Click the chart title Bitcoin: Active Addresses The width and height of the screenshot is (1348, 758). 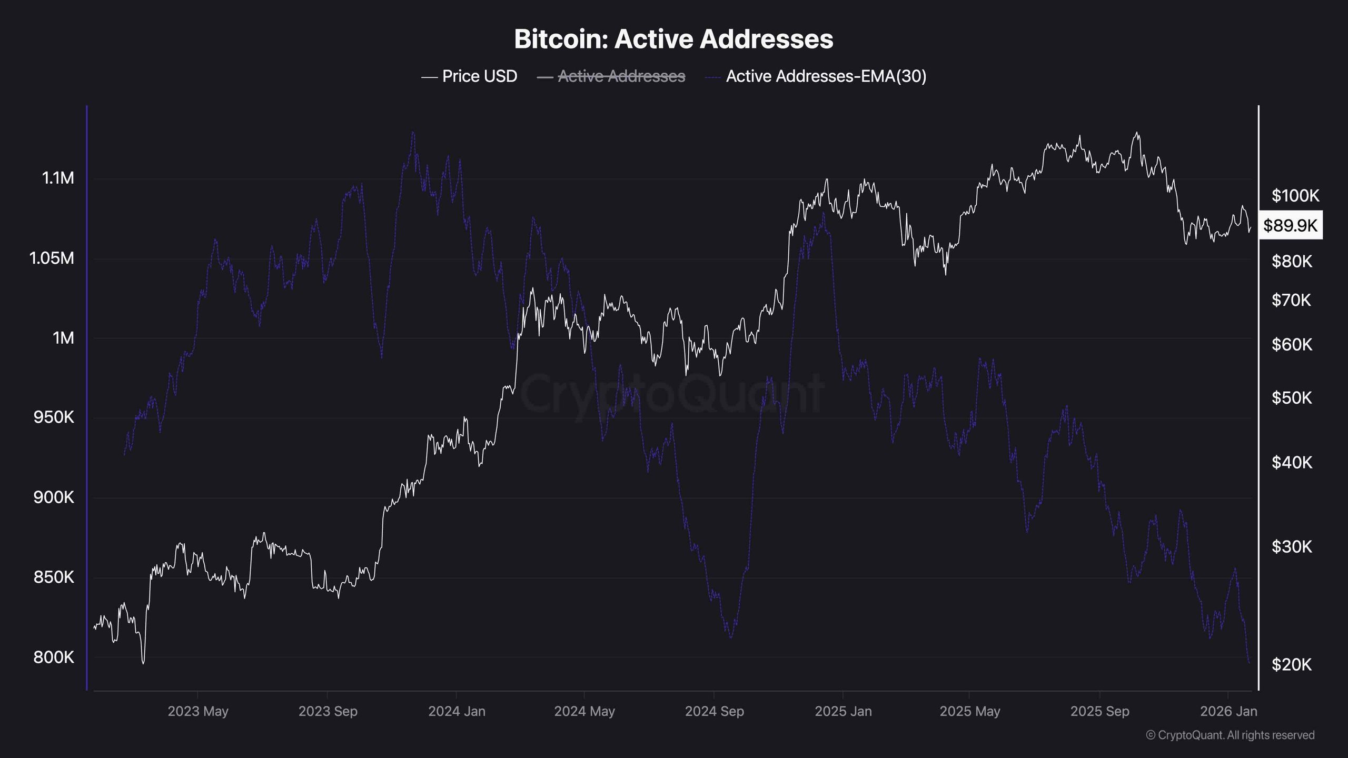pyautogui.click(x=673, y=39)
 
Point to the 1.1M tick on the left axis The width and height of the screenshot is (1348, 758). pyautogui.click(x=58, y=178)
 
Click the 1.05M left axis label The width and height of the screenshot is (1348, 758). pyautogui.click(x=52, y=258)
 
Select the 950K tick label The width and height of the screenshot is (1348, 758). pyautogui.click(x=54, y=417)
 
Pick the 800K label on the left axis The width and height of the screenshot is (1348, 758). pyautogui.click(x=54, y=657)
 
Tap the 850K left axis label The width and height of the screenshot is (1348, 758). pyautogui.click(x=54, y=577)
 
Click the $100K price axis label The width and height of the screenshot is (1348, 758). pyautogui.click(x=1295, y=196)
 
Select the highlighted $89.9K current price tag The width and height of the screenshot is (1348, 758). pyautogui.click(x=1290, y=225)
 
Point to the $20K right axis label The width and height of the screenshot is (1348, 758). pyautogui.click(x=1292, y=664)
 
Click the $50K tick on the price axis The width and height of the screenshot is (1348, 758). pyautogui.click(x=1292, y=397)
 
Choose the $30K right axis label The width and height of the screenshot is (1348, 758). pyautogui.click(x=1292, y=546)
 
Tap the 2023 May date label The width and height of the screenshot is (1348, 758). pyautogui.click(x=198, y=711)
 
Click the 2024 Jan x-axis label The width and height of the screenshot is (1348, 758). pyautogui.click(x=457, y=711)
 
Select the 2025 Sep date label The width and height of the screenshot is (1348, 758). pyautogui.click(x=1099, y=711)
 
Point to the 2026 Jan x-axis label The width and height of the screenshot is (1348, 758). pyautogui.click(x=1228, y=711)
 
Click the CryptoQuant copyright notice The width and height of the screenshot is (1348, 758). pyautogui.click(x=1230, y=735)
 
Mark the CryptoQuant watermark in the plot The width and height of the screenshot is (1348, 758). pyautogui.click(x=672, y=392)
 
